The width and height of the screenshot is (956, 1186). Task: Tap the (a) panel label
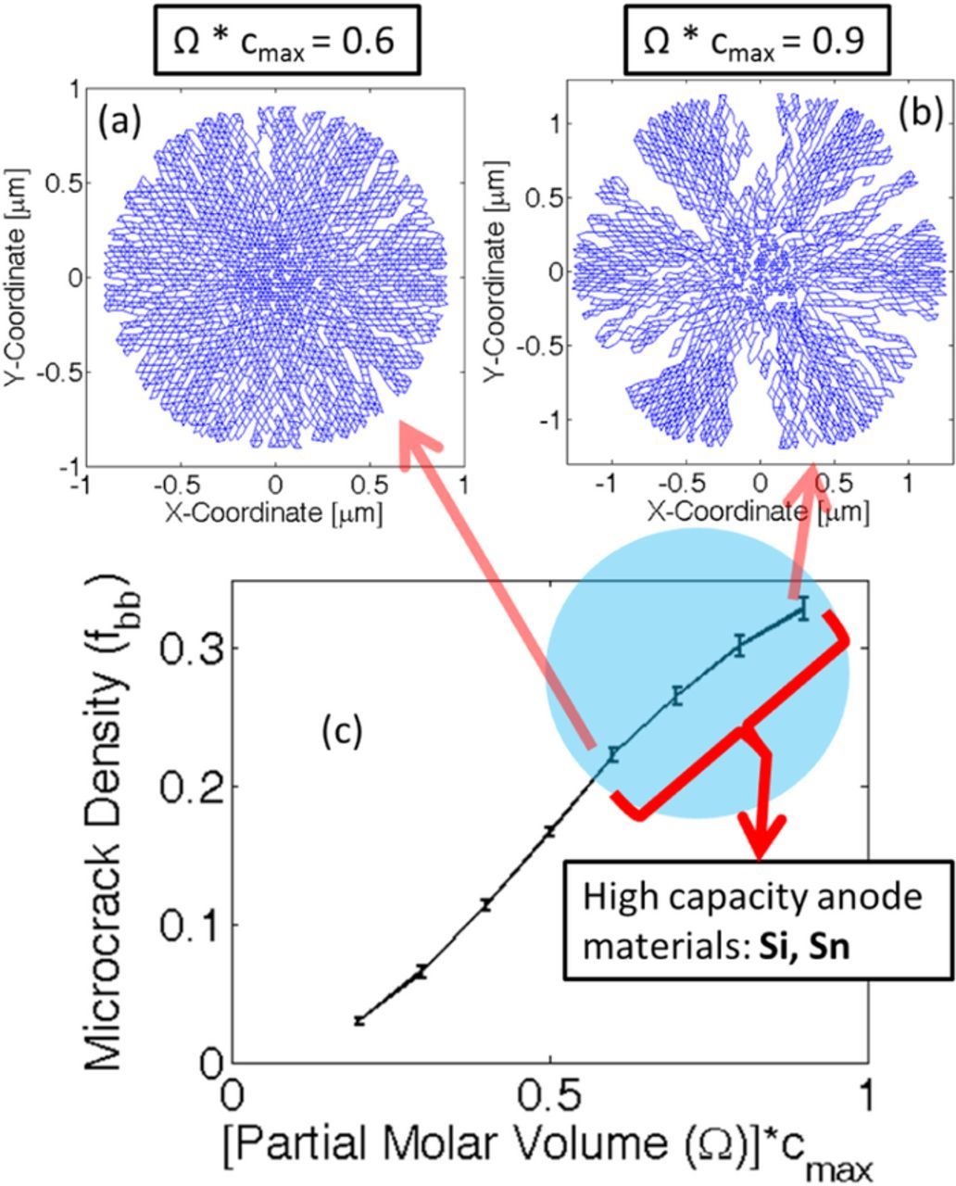coord(117,121)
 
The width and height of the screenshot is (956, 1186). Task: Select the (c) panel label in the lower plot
coord(341,732)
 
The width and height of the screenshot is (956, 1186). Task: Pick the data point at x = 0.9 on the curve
coord(803,609)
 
